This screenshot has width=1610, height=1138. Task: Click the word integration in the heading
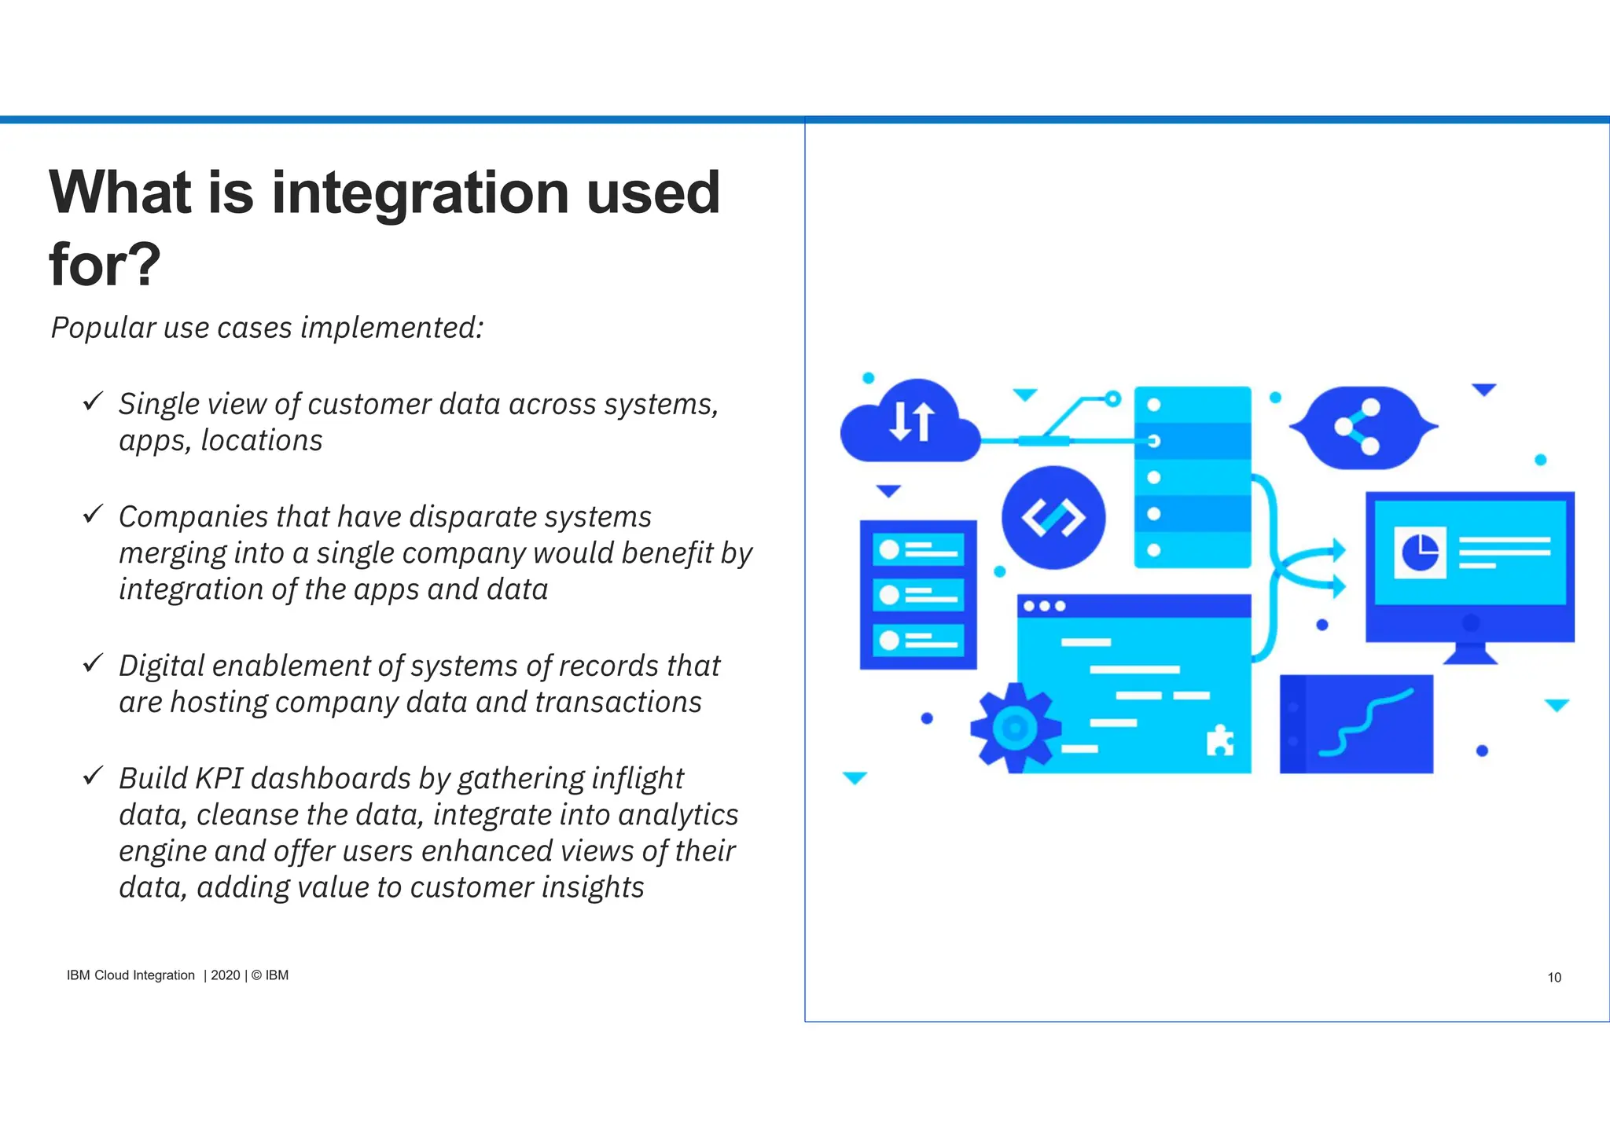coord(421,193)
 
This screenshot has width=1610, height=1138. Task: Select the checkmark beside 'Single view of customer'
coord(93,402)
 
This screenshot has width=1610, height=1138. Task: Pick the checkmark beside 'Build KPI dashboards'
coord(93,776)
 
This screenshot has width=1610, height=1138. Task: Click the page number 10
coord(1553,978)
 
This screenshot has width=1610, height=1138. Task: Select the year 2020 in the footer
coord(225,975)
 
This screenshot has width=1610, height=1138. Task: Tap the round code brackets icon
coord(1053,518)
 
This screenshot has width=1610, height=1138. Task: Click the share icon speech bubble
coord(1362,428)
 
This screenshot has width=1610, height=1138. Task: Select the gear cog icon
coord(1014,728)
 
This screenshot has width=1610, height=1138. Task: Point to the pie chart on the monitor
coord(1420,552)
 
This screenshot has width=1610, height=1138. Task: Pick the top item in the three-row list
coord(918,549)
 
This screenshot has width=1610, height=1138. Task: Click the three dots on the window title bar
coord(1044,606)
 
